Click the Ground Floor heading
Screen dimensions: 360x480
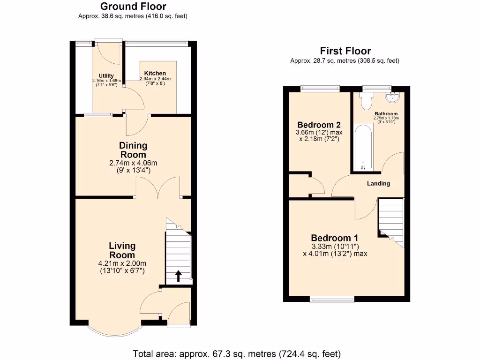pyautogui.click(x=133, y=7)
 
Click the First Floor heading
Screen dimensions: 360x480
pyautogui.click(x=345, y=51)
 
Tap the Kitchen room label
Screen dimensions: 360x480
pyautogui.click(x=155, y=73)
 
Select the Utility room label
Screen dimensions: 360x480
pyautogui.click(x=106, y=75)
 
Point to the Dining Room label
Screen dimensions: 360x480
pyautogui.click(x=133, y=150)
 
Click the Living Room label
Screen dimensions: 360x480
pyautogui.click(x=122, y=250)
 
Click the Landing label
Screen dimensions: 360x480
pyautogui.click(x=378, y=183)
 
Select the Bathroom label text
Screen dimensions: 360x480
pyautogui.click(x=386, y=113)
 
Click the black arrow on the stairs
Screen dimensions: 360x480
pyautogui.click(x=178, y=276)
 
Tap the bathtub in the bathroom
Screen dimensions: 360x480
pyautogui.click(x=363, y=146)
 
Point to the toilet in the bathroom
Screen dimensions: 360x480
pyautogui.click(x=366, y=100)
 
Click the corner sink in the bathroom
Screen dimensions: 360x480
pyautogui.click(x=392, y=97)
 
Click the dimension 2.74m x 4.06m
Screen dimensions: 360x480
pyautogui.click(x=133, y=163)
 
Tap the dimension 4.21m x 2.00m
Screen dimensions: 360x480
pyautogui.click(x=122, y=263)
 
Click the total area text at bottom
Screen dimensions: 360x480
pyautogui.click(x=237, y=353)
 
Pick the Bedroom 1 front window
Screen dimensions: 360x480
pyautogui.click(x=331, y=299)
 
